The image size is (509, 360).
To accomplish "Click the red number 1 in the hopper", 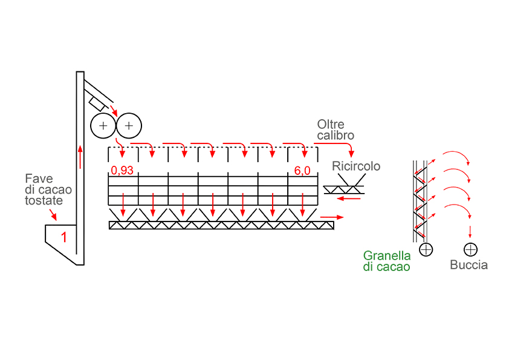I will click(x=63, y=237).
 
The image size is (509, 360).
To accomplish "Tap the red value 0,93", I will click(x=122, y=171).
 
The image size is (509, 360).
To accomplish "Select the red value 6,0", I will click(x=302, y=171).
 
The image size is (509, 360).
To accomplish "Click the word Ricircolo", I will click(x=356, y=166).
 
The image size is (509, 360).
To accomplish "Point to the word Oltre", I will click(x=331, y=125).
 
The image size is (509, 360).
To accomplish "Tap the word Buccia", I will click(x=468, y=265).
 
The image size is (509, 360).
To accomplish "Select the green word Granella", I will click(x=387, y=255).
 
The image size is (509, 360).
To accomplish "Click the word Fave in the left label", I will click(x=39, y=178).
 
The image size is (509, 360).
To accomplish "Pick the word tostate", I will click(x=44, y=200).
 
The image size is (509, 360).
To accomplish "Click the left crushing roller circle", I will click(x=103, y=126).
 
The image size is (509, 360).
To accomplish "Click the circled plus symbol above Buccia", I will click(x=470, y=249).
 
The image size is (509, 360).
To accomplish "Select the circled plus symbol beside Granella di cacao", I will click(x=426, y=249).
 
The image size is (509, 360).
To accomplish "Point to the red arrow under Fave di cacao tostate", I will click(x=53, y=214).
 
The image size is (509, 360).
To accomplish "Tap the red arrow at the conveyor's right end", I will click(x=330, y=215).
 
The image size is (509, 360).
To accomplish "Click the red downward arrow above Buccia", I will click(x=470, y=231).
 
